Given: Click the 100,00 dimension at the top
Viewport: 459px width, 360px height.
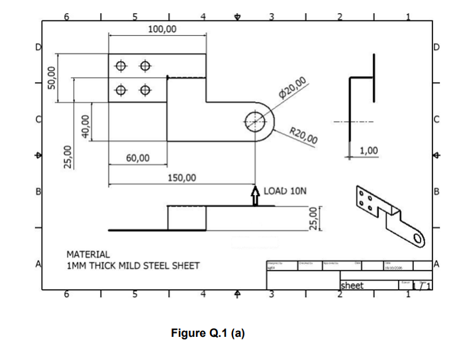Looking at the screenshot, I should (x=162, y=28).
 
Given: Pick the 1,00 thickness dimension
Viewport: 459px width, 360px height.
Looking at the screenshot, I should (x=369, y=152).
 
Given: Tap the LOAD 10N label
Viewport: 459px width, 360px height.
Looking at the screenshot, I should (x=285, y=191).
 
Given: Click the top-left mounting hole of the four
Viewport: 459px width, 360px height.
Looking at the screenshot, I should (x=121, y=66).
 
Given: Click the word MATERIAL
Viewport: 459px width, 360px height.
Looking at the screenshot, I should (x=88, y=254).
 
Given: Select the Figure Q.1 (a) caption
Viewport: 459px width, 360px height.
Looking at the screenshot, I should (x=207, y=333).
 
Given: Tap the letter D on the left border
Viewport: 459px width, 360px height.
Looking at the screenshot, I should (x=38, y=48).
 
